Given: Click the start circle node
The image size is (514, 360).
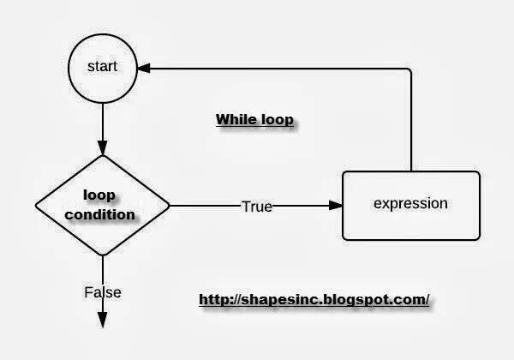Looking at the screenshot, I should (102, 67).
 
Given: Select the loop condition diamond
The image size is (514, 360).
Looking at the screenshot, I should (102, 206).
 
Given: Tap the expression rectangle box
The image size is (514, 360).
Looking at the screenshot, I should (411, 206).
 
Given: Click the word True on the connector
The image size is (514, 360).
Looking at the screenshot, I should (256, 206).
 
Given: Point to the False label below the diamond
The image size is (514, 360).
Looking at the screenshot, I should (102, 292).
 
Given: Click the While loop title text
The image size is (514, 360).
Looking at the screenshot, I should (254, 120).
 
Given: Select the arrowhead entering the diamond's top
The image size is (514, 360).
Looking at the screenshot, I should (102, 147).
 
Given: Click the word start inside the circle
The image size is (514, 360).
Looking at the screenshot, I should (102, 67).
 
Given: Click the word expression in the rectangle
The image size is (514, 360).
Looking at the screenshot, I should (411, 204).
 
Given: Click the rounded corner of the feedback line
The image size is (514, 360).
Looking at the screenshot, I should (409, 69).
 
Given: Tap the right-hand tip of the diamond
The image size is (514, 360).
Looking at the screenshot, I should (169, 206).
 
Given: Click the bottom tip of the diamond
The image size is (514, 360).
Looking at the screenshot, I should (102, 255).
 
